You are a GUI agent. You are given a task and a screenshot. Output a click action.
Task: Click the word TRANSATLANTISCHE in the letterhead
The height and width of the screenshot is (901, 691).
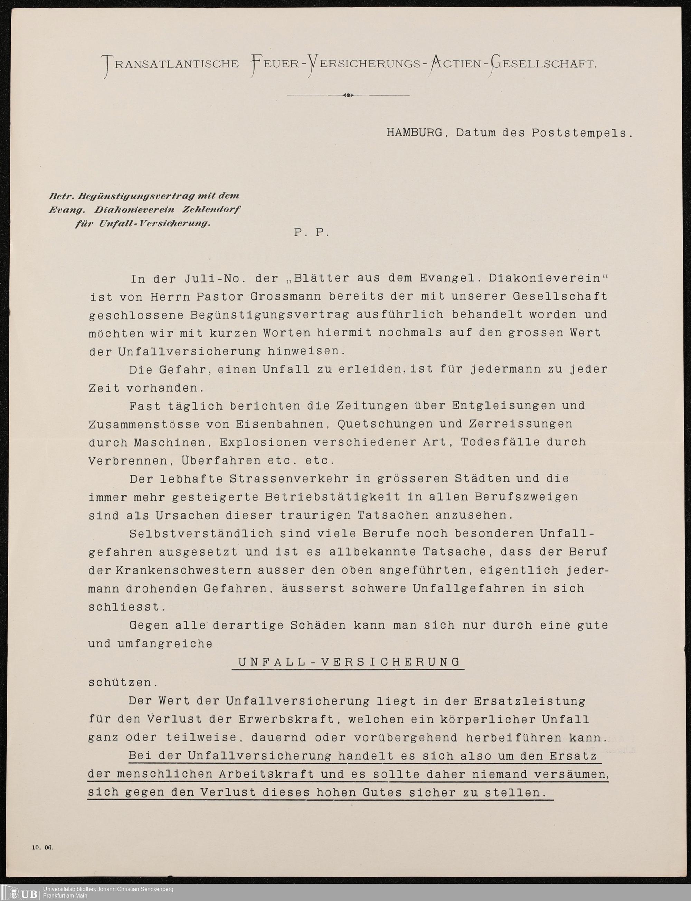point(171,65)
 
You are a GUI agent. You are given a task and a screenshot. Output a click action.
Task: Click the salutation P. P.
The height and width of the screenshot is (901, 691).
point(312,233)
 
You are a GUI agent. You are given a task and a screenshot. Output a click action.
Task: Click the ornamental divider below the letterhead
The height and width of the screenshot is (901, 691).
point(348,95)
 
